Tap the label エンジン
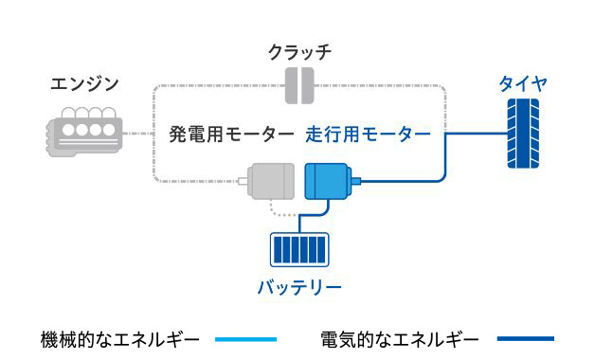click(84, 85)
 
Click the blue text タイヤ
click(523, 85)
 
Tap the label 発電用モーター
click(231, 135)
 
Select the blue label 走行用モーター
click(368, 135)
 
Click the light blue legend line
click(245, 338)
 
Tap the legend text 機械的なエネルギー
click(120, 338)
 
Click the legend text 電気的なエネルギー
click(401, 338)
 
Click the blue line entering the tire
click(474, 134)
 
